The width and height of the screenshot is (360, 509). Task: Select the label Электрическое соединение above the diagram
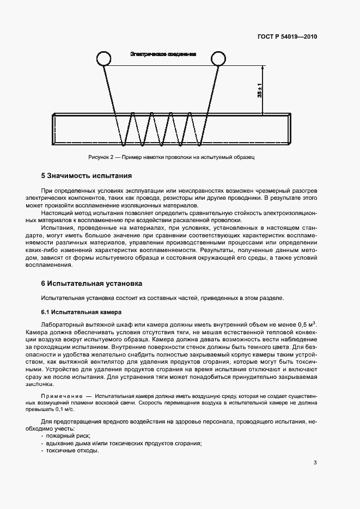click(163, 54)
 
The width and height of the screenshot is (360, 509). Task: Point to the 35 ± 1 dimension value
click(259, 90)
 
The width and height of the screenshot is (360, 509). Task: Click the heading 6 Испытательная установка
click(91, 284)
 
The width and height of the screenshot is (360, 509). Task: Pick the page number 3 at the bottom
click(315, 463)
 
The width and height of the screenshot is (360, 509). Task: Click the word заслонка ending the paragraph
click(55, 383)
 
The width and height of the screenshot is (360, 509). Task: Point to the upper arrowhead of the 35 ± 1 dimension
click(263, 69)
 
